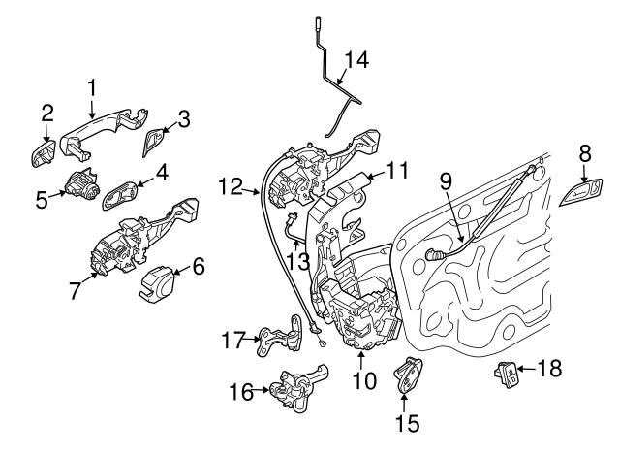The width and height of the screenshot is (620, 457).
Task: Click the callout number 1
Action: pyautogui.click(x=92, y=89)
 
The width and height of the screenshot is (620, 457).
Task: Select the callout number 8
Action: pyautogui.click(x=584, y=153)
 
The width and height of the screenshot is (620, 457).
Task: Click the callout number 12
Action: pyautogui.click(x=231, y=182)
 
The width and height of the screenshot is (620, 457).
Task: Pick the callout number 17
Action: pyautogui.click(x=230, y=341)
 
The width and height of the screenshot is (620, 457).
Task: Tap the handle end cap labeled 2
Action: pyautogui.click(x=43, y=153)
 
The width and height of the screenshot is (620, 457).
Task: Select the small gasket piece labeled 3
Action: pyautogui.click(x=154, y=144)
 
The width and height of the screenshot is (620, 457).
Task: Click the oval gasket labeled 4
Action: pyautogui.click(x=118, y=192)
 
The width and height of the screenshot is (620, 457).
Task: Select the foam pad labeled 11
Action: pyautogui.click(x=349, y=188)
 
